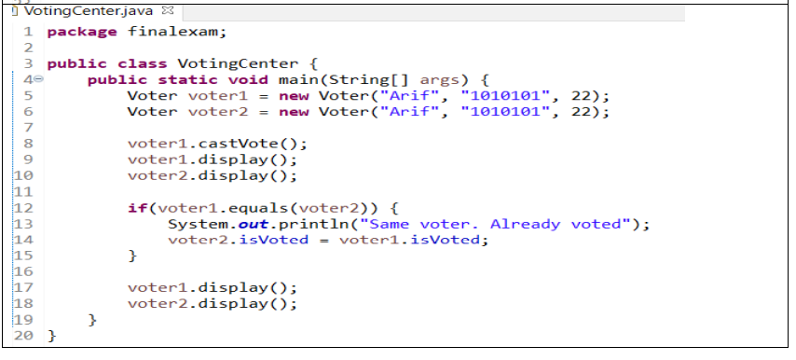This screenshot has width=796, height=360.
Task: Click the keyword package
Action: coord(81,32)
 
